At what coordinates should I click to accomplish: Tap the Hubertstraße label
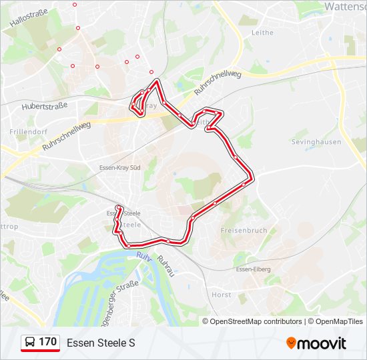45,106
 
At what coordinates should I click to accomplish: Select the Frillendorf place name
26,132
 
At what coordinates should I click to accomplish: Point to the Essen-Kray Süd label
119,167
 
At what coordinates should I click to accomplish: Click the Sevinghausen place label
316,142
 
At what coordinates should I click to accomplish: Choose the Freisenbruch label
244,231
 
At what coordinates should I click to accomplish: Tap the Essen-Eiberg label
252,269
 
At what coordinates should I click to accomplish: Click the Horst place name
221,294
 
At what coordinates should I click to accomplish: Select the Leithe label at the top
263,32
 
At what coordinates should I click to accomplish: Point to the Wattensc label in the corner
345,6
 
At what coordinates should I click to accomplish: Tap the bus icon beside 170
30,343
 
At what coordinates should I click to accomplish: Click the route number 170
47,342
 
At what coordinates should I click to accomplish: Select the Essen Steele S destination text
101,343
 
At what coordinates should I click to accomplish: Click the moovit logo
316,343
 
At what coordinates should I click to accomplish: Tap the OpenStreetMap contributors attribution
256,321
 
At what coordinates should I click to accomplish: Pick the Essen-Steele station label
123,213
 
